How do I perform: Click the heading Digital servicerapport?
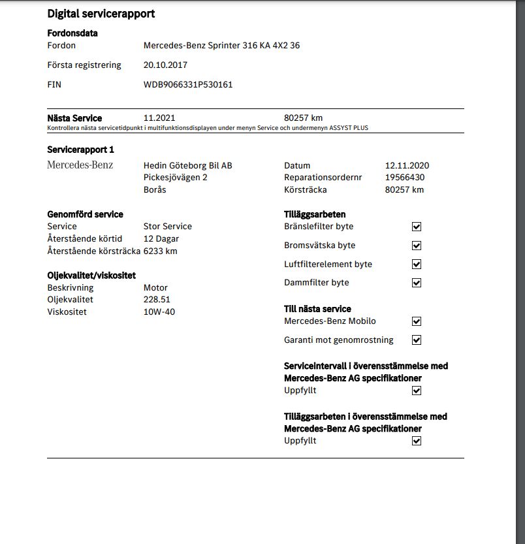(x=101, y=14)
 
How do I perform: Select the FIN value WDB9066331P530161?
(x=188, y=84)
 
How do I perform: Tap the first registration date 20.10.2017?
(x=165, y=65)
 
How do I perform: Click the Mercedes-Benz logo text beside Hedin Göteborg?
(x=80, y=165)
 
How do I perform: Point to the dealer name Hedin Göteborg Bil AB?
(x=187, y=166)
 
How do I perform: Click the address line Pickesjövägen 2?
(x=175, y=178)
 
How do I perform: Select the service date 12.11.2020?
(x=407, y=166)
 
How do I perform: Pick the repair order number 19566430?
(x=405, y=178)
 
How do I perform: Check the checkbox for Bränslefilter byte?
(x=417, y=227)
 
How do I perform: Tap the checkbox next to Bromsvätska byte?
(x=417, y=246)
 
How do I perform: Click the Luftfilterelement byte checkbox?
(x=417, y=264)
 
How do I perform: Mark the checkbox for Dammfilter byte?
(x=417, y=283)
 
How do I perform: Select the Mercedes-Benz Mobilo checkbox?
(x=417, y=321)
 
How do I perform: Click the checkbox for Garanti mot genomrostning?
(x=417, y=340)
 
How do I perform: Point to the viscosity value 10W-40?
(x=159, y=312)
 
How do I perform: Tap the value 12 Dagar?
(x=161, y=239)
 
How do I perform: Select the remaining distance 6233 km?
(x=160, y=251)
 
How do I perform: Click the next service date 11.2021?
(x=159, y=118)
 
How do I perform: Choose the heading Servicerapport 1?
(x=81, y=150)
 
